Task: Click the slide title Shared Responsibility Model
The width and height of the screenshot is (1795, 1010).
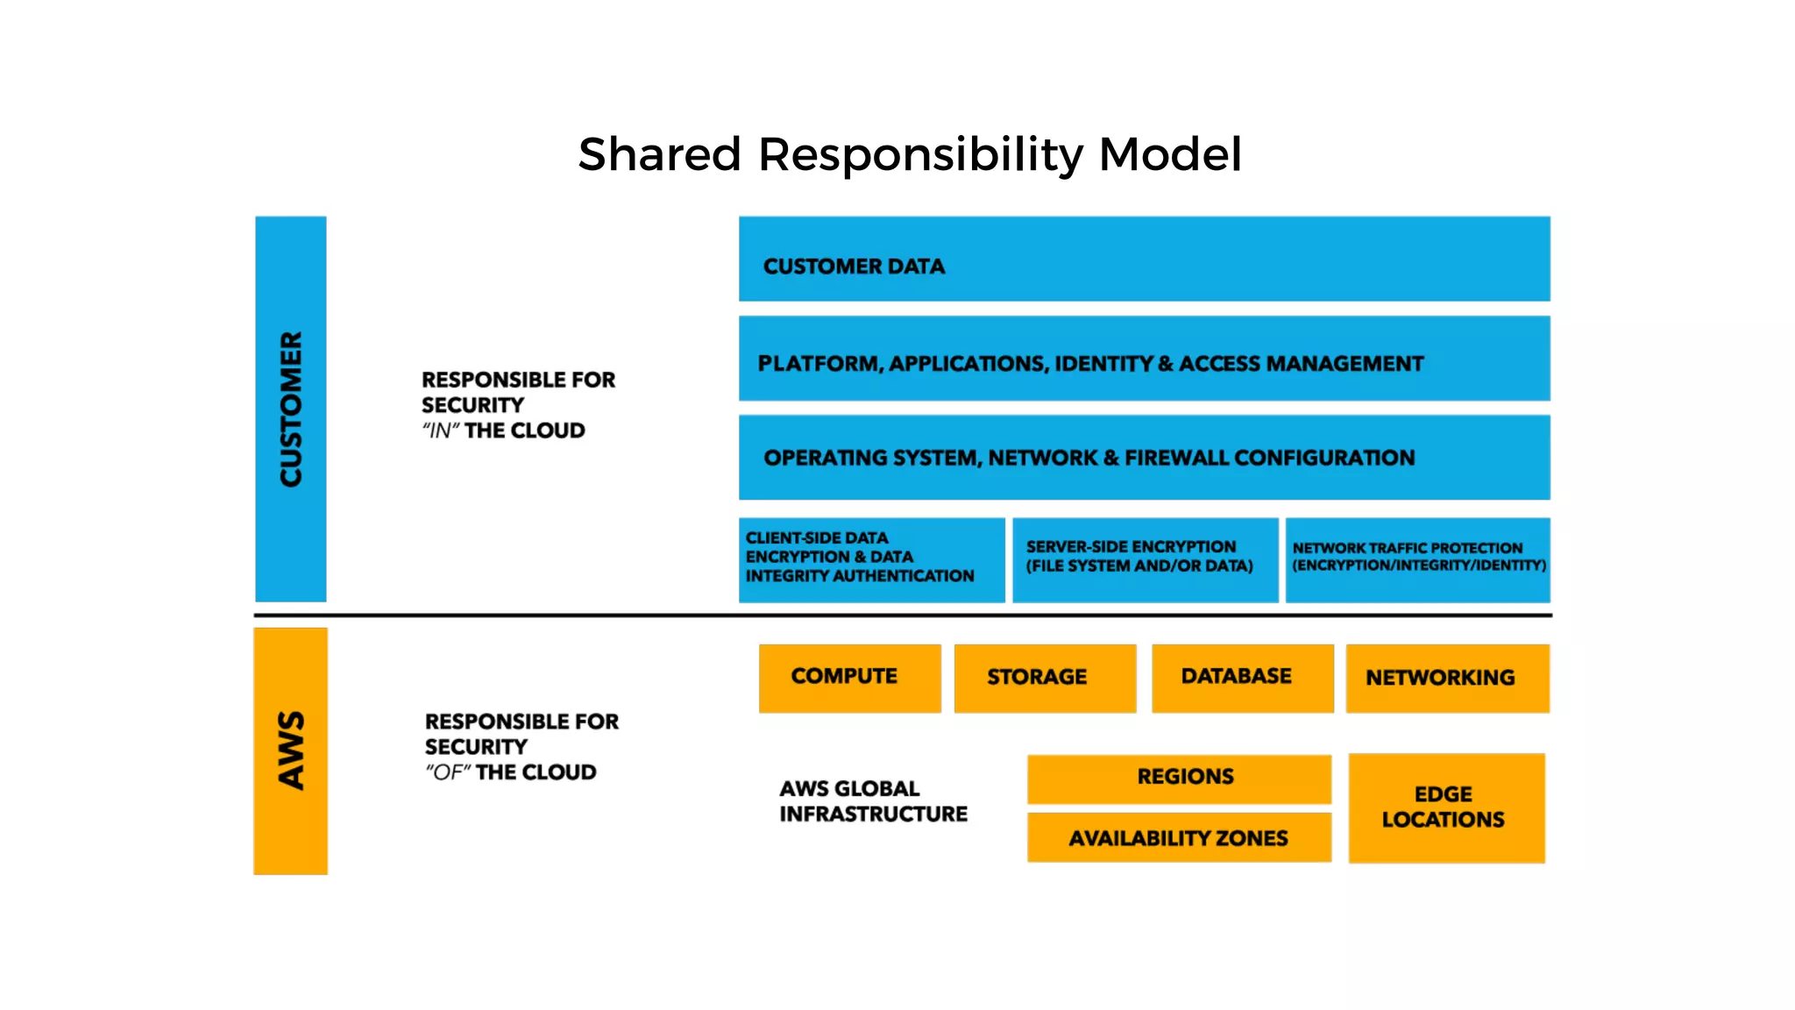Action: pos(910,154)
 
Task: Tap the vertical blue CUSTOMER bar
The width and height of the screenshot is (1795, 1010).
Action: pos(291,409)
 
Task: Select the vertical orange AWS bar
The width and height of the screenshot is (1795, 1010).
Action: pos(291,750)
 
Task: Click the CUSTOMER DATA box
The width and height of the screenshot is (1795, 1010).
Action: pos(1144,260)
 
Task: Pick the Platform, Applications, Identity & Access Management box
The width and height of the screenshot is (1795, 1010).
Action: pos(1144,359)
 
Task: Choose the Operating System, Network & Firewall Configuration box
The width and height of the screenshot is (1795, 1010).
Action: pos(1144,458)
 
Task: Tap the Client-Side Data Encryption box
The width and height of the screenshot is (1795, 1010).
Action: pos(871,559)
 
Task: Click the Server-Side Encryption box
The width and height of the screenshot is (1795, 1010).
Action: pos(1145,559)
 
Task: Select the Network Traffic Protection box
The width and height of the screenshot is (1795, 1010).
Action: pos(1417,559)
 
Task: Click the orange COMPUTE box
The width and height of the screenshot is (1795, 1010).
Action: pos(849,678)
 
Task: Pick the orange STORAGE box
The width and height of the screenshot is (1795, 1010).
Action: pos(1045,678)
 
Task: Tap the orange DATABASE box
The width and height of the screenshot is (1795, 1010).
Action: pos(1242,678)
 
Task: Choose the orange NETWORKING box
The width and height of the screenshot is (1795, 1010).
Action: pos(1447,678)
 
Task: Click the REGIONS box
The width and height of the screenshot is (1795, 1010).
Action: pos(1179,779)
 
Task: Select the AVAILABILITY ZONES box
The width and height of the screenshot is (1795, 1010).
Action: pos(1179,838)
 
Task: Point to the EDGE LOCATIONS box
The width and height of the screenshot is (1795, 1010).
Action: pos(1446,807)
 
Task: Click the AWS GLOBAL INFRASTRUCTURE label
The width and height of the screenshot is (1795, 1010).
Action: pos(873,801)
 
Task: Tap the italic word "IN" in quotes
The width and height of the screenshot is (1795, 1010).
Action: pos(441,431)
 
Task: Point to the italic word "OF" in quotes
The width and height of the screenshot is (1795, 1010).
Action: pos(448,773)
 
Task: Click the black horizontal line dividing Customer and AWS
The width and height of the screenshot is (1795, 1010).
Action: pos(903,615)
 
